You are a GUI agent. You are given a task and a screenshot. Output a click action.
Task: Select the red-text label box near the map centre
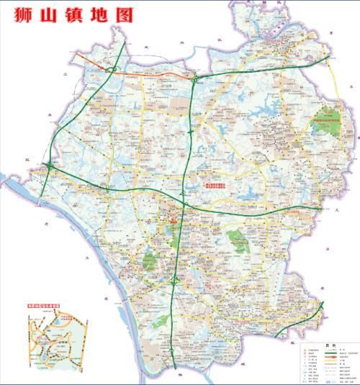(218, 186)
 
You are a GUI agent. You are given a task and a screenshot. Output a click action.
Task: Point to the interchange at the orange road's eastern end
(195, 78)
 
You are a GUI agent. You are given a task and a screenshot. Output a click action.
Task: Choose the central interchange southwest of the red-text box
(184, 206)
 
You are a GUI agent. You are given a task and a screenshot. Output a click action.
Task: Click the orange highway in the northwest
(151, 73)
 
